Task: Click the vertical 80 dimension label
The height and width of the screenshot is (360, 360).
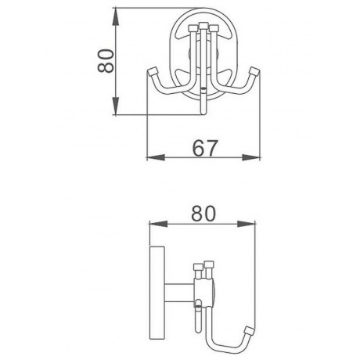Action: [106, 61]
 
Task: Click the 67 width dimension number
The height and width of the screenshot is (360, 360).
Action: [204, 148]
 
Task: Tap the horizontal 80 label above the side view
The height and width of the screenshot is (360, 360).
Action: [203, 214]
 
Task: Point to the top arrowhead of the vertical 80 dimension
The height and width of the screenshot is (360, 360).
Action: [116, 17]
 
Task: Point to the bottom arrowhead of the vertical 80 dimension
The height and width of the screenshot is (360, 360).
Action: [116, 106]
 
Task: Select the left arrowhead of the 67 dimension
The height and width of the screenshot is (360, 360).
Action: [156, 157]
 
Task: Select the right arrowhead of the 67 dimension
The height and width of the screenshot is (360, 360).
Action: [251, 157]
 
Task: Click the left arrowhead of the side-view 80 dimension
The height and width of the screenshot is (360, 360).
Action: [158, 224]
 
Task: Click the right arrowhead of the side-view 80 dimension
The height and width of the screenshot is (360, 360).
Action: [247, 224]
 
